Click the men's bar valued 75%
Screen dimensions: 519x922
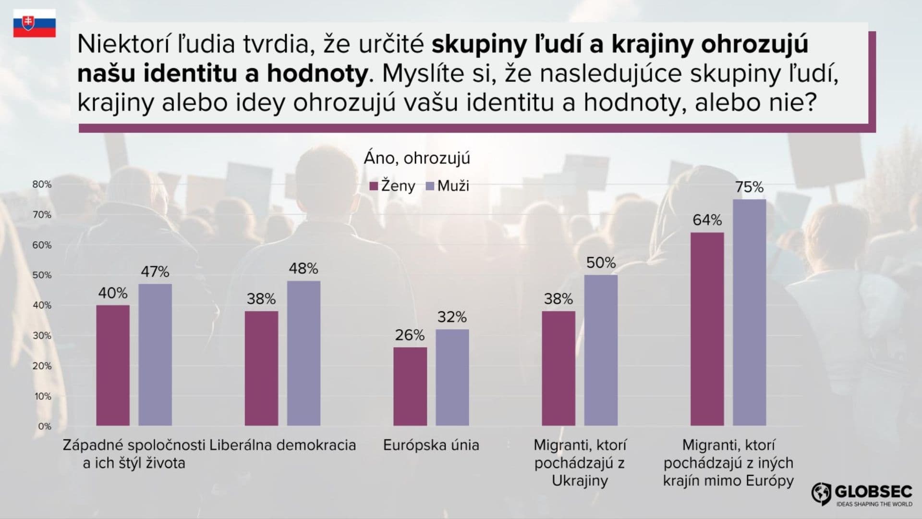(749, 312)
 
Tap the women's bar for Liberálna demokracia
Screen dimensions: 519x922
(261, 368)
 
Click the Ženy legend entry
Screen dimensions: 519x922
(392, 186)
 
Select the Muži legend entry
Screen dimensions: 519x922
(448, 186)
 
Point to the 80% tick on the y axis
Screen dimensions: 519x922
(42, 185)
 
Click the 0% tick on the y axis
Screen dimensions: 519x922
(44, 426)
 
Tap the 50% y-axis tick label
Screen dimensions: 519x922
(42, 275)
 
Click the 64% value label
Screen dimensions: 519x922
(707, 220)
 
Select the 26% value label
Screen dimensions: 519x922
(410, 335)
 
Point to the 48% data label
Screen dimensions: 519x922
(303, 269)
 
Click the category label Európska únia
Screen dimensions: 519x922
(431, 445)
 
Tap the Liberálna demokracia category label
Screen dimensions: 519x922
(283, 445)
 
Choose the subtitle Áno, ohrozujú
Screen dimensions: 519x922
(417, 158)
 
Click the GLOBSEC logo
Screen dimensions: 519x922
(861, 494)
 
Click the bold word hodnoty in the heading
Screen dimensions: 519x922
(317, 74)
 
